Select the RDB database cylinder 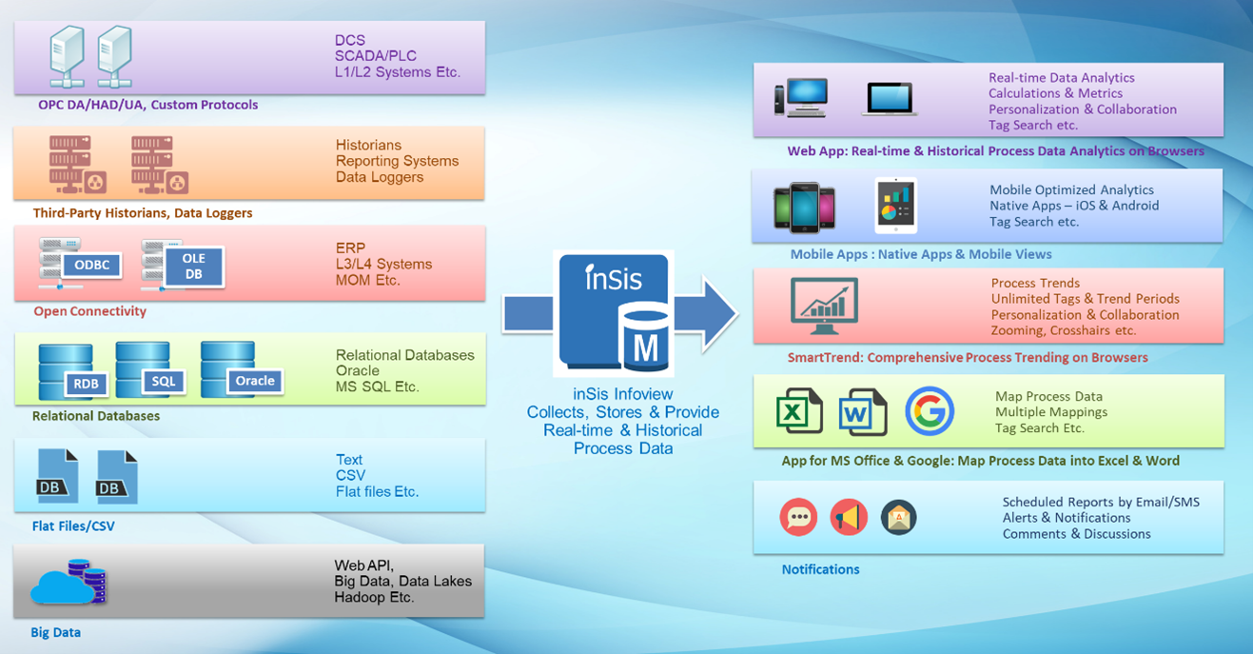pos(69,372)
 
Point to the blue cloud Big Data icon pos(67,582)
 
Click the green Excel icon pos(799,411)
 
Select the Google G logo pos(929,411)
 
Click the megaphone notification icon pos(848,517)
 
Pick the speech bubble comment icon pos(798,517)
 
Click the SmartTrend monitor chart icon pos(824,306)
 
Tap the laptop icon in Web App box pos(890,99)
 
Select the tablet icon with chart pos(896,205)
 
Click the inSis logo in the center pos(614,279)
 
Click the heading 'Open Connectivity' pos(89,311)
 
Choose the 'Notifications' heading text pos(820,569)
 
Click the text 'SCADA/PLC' pos(376,56)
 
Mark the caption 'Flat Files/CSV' pos(73,525)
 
